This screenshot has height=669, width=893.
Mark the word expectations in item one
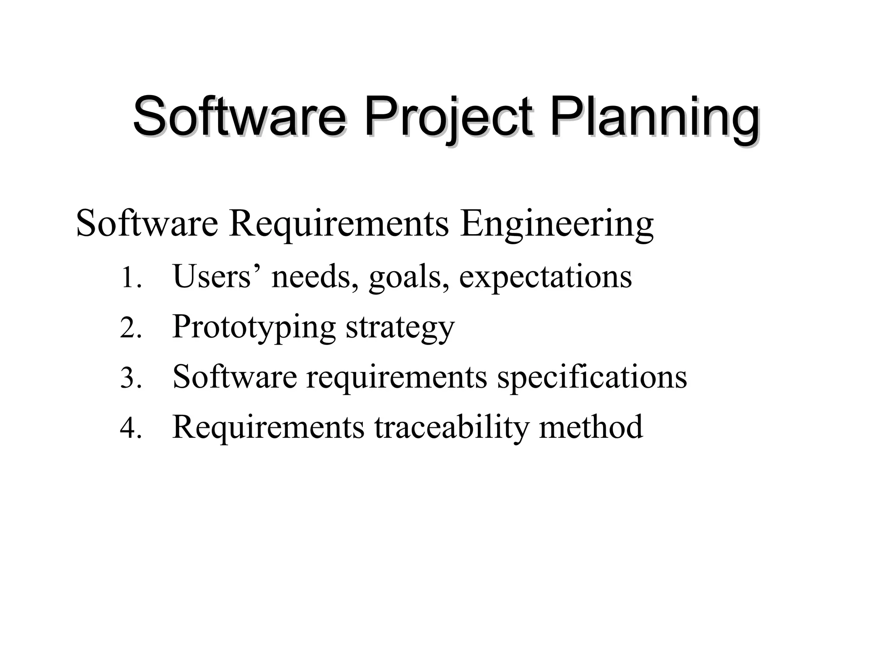(x=545, y=278)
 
